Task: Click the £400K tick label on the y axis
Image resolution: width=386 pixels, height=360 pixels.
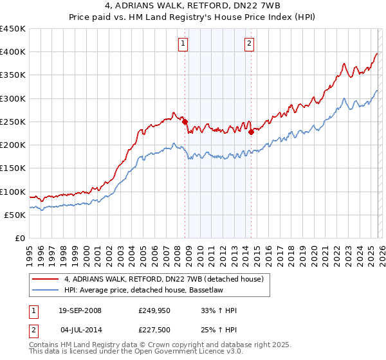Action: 12,52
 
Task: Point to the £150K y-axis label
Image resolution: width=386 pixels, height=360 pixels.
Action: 12,168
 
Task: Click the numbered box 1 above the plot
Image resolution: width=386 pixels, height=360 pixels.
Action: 183,44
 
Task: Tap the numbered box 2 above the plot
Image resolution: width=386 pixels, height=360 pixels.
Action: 249,44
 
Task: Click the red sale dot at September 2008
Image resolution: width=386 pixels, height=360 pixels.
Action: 185,122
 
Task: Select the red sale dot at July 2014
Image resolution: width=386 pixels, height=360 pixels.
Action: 251,132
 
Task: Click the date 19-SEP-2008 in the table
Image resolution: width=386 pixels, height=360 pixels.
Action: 80,310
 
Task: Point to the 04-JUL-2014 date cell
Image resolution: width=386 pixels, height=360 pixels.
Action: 80,330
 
